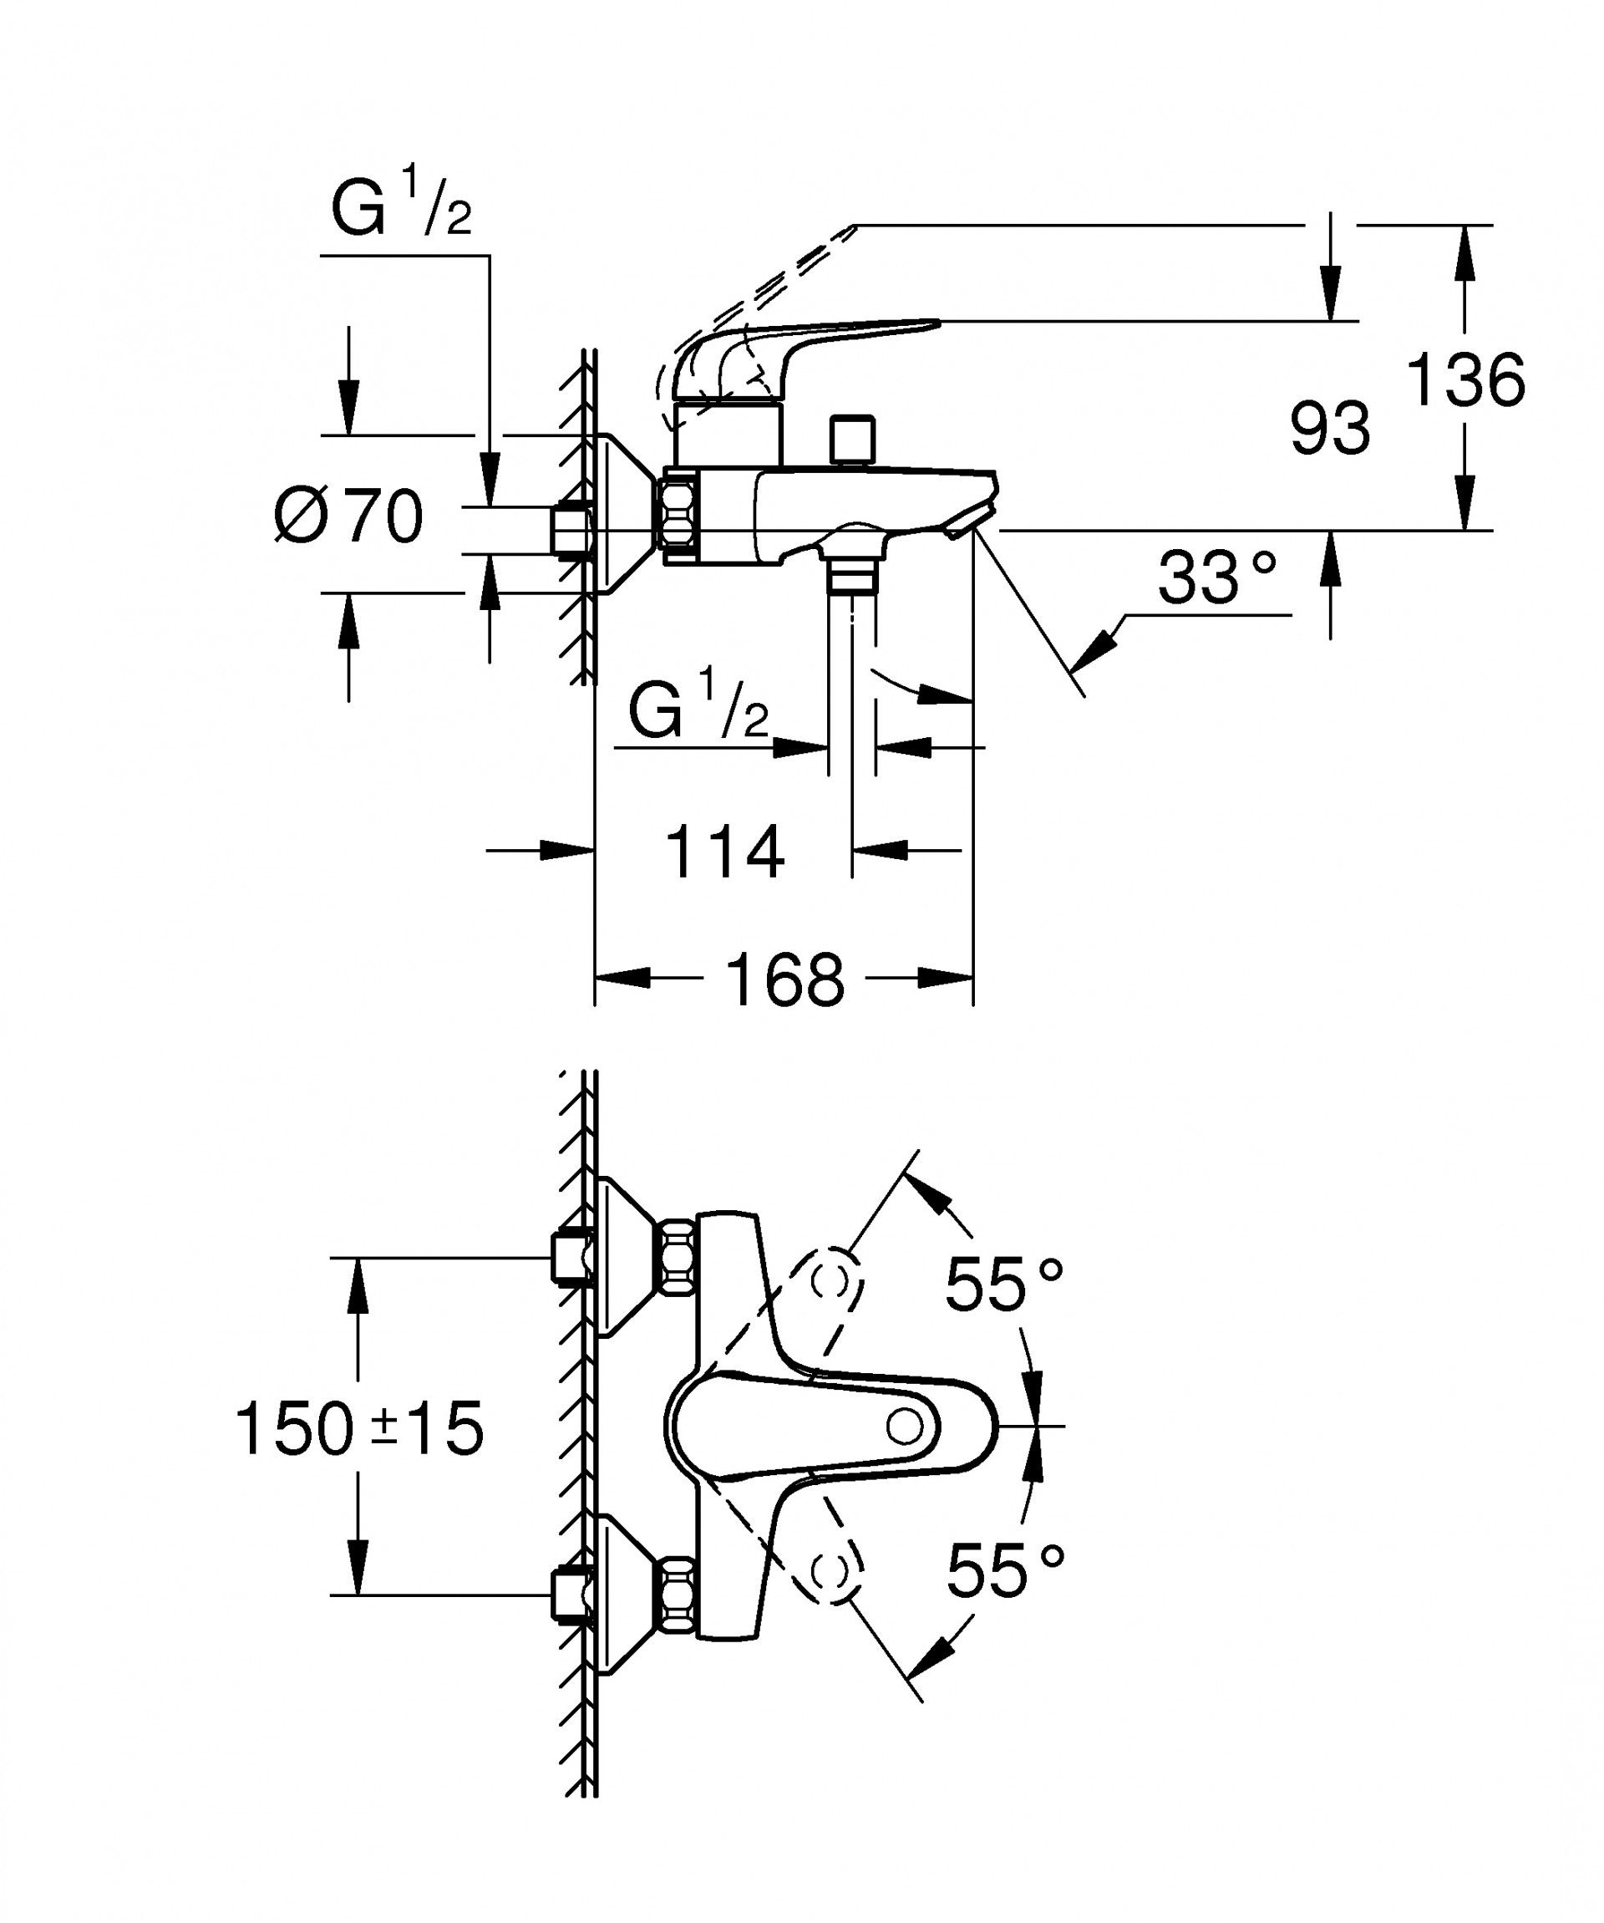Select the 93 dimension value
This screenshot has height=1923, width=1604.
click(1329, 428)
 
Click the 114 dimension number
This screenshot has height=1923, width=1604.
click(723, 852)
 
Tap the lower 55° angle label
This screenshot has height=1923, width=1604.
click(1005, 1569)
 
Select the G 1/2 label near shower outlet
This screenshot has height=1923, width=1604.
click(698, 706)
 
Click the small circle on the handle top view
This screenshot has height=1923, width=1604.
click(906, 1426)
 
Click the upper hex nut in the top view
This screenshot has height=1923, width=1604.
click(678, 1256)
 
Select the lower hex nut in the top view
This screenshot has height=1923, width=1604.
click(678, 1595)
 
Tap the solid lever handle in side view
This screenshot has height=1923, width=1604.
click(805, 343)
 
